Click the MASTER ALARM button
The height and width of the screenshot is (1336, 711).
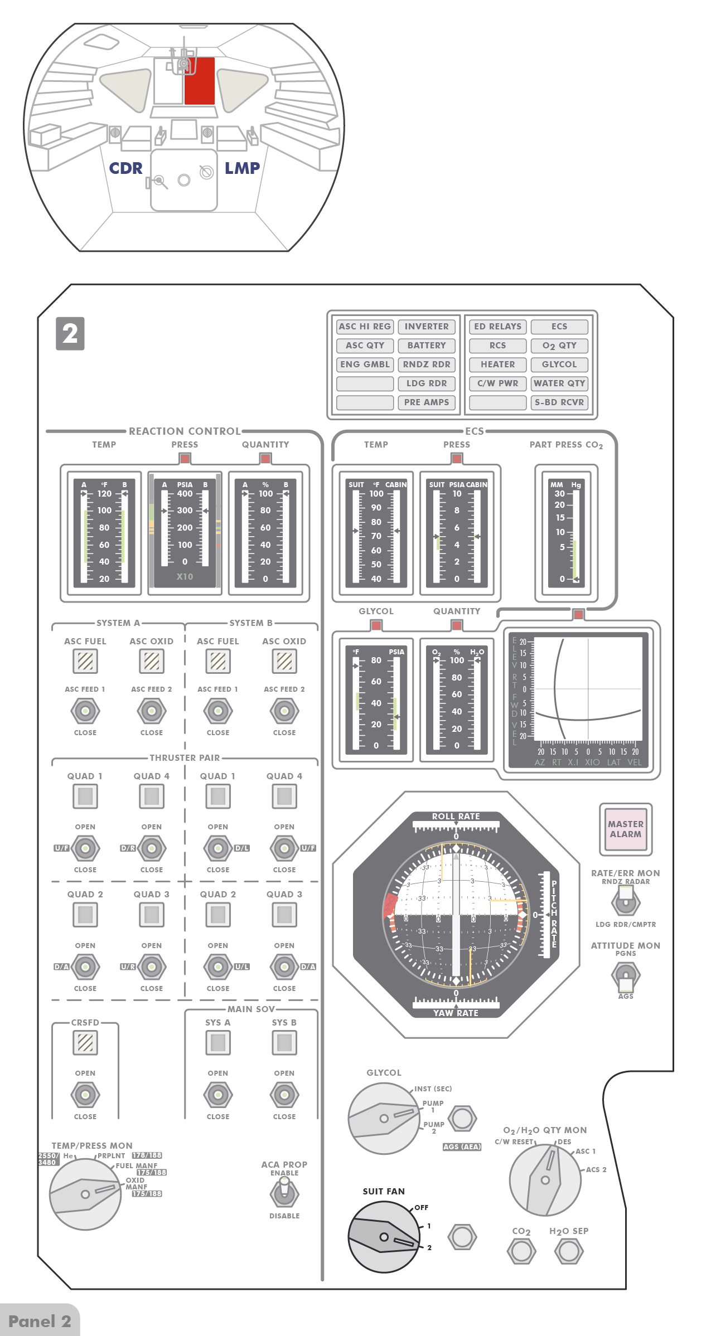(x=625, y=829)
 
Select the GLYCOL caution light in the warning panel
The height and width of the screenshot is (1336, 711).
(x=559, y=365)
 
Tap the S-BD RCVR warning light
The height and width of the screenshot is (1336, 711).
(x=559, y=402)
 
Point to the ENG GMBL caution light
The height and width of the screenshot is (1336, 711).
(x=365, y=365)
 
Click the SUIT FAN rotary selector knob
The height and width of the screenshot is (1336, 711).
(x=384, y=1237)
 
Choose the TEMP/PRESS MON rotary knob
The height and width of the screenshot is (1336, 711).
(x=85, y=1194)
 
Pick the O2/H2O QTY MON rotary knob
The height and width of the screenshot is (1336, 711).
(x=545, y=1179)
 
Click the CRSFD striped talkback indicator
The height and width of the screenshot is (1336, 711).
(x=85, y=1042)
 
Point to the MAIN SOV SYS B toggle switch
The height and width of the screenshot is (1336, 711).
(x=284, y=1095)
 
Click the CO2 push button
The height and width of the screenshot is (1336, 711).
(x=521, y=1251)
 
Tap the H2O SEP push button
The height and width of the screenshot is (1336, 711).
(x=569, y=1251)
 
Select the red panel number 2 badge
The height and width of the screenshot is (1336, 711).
(x=70, y=334)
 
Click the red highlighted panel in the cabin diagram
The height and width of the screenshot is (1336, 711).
(x=200, y=81)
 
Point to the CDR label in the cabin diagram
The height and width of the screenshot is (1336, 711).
(x=125, y=168)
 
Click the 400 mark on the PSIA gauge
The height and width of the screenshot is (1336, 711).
(x=185, y=494)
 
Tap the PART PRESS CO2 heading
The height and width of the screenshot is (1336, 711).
(x=566, y=445)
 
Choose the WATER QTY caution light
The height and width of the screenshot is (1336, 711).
(x=559, y=383)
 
